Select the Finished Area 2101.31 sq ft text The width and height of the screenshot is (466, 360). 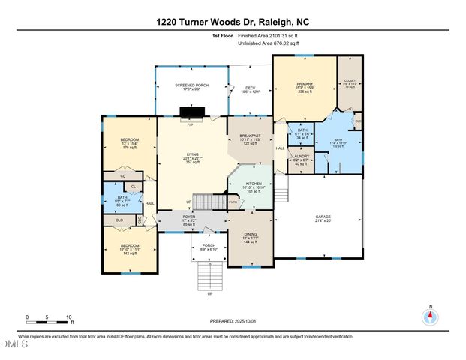268,36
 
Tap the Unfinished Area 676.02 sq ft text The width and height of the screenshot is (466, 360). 268,43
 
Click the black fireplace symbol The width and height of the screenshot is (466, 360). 191,114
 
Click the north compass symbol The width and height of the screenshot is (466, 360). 430,316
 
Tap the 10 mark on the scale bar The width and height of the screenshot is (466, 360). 69,317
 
